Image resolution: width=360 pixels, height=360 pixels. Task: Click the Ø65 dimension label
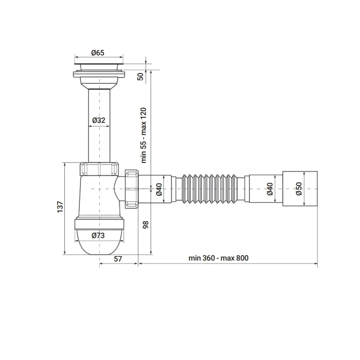(98, 53)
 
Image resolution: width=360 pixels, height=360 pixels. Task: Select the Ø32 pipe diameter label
(98, 120)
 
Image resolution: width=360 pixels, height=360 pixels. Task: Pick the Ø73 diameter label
(98, 235)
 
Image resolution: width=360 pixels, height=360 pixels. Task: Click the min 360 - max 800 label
(219, 258)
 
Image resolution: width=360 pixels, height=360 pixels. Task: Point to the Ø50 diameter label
(298, 189)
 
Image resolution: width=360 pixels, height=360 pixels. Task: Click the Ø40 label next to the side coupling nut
(159, 189)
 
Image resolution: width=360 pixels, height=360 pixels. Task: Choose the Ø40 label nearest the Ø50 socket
(270, 189)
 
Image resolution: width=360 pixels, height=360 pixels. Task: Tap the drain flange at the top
(99, 68)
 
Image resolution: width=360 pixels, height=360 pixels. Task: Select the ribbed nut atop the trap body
(99, 169)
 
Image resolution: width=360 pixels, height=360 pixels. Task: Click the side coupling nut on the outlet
(131, 189)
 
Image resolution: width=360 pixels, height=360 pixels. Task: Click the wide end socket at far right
(301, 189)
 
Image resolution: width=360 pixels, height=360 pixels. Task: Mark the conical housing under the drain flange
(99, 82)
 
